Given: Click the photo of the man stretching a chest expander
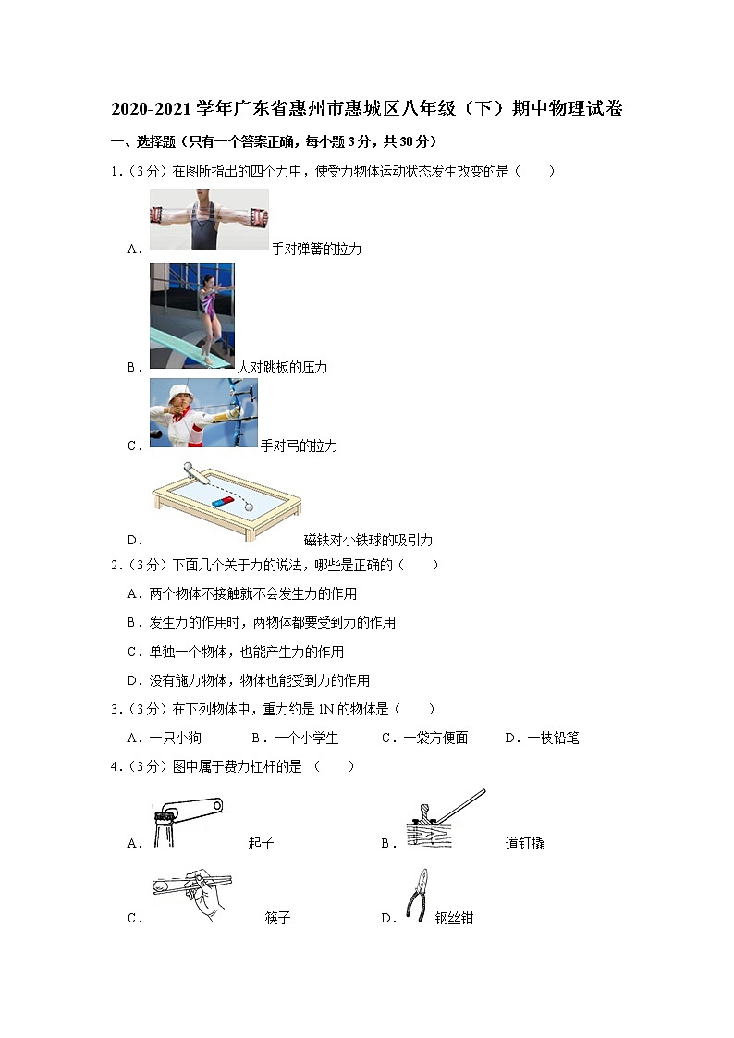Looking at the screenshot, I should tap(209, 220).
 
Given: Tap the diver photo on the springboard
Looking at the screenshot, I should tap(192, 316).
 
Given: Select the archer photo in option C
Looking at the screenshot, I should tap(203, 413).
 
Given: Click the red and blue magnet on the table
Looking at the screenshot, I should tap(223, 501).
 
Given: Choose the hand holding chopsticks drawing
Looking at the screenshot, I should tap(191, 893).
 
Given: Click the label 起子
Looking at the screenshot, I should tap(262, 843).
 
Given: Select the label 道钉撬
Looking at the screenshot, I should tap(525, 843).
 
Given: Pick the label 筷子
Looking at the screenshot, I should tap(277, 918).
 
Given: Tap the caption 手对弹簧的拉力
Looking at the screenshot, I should tap(316, 249).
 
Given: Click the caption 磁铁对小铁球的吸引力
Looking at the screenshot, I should tap(368, 540).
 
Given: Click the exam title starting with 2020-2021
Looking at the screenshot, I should tap(367, 109).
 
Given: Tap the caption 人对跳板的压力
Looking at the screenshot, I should tap(282, 367).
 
